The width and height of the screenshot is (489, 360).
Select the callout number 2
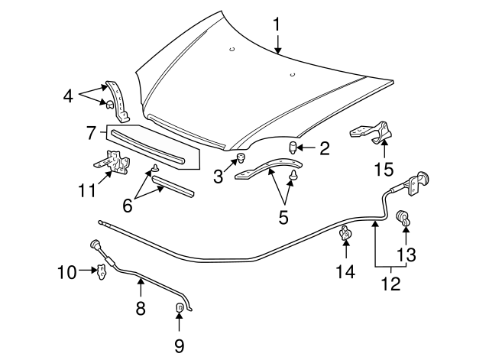point(324,148)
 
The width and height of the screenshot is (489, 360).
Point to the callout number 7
point(91,133)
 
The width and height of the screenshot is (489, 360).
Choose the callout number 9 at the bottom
point(179,345)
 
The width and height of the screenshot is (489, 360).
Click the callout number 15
point(384,166)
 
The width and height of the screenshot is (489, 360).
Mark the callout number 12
point(390,283)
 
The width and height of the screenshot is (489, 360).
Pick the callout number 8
point(141,308)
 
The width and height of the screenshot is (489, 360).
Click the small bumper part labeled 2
point(293,147)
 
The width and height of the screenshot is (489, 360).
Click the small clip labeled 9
point(180,309)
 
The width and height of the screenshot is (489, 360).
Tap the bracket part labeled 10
point(99,271)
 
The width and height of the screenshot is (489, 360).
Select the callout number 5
point(283,217)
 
